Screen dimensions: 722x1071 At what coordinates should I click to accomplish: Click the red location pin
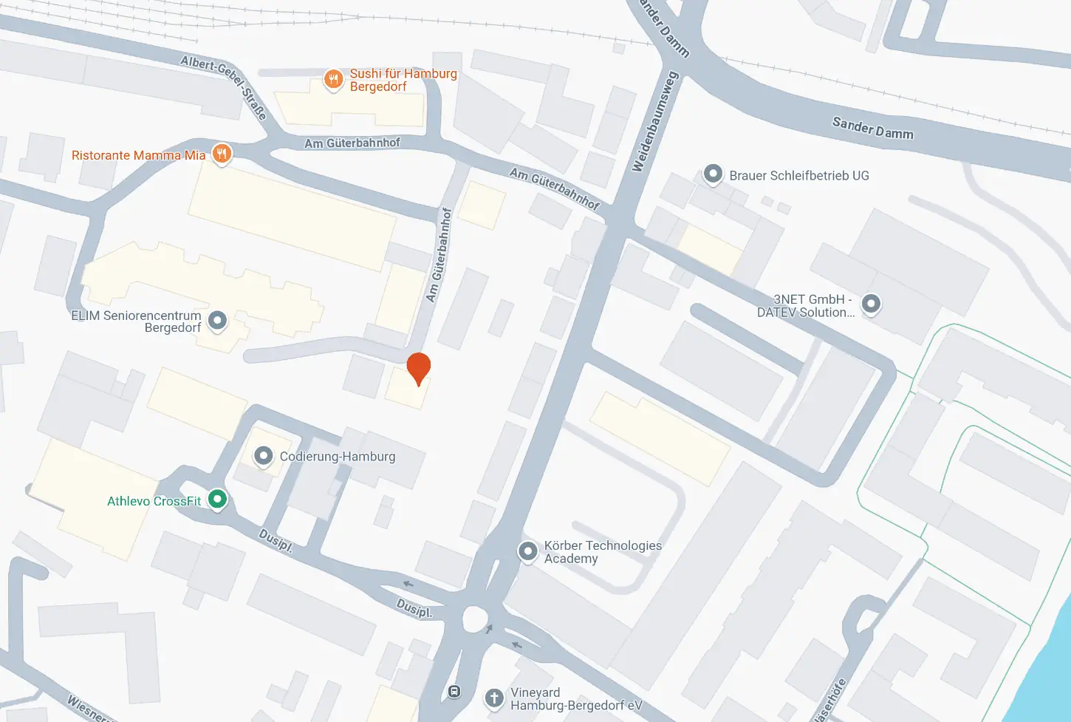click(419, 367)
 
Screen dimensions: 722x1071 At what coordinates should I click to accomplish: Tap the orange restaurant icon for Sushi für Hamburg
click(333, 79)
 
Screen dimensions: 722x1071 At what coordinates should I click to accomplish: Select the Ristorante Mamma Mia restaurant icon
click(222, 154)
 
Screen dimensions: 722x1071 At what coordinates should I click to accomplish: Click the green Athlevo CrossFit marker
click(217, 500)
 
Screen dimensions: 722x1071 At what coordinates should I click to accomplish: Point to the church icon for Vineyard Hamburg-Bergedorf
click(494, 698)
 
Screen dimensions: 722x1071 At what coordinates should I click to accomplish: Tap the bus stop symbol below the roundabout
click(454, 692)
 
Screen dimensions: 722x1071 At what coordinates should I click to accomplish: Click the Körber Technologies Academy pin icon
click(527, 551)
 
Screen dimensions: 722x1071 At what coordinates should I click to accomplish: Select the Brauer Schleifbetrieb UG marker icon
click(713, 174)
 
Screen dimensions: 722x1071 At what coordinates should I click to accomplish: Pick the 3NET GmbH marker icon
click(872, 304)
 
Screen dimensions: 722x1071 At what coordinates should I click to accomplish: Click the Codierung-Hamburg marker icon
click(263, 456)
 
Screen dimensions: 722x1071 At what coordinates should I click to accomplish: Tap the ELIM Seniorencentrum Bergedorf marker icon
click(217, 321)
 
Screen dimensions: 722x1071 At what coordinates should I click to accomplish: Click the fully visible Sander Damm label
click(872, 128)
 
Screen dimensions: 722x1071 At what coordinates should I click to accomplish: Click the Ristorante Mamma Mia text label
click(138, 155)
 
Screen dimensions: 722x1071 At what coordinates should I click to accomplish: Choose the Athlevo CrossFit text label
click(154, 501)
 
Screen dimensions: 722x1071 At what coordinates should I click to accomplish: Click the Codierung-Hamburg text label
click(338, 457)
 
